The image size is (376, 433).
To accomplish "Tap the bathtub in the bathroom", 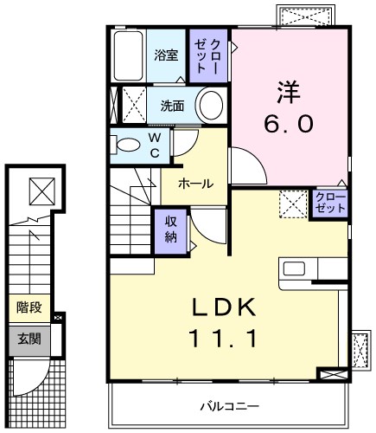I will [x=129, y=55].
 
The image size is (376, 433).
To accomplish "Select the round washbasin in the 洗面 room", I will [x=210, y=107].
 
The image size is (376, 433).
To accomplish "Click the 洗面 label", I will [x=172, y=107].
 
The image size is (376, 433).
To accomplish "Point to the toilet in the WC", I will [x=128, y=145].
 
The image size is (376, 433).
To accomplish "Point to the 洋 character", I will [x=288, y=90].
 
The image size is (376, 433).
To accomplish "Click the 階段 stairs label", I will [x=27, y=307].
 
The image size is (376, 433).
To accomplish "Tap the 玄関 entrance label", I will [x=27, y=338].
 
